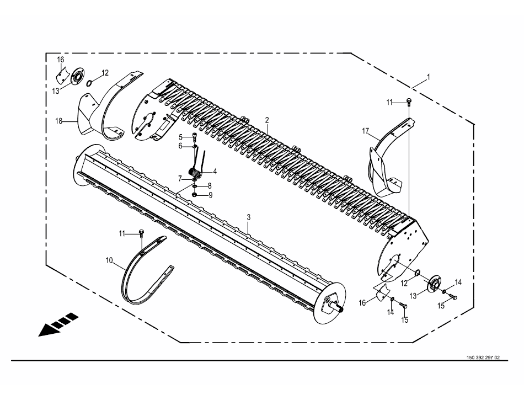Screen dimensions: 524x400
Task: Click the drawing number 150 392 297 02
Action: point(483,358)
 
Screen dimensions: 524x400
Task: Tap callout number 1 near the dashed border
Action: point(429,77)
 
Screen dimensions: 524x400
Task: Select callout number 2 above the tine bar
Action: point(267,120)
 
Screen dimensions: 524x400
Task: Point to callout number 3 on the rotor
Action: point(248,217)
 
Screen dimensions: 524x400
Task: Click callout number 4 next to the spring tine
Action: point(215,172)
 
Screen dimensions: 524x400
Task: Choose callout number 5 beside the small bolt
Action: point(180,137)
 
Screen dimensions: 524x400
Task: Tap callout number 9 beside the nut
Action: point(210,195)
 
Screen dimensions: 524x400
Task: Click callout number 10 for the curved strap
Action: point(109,260)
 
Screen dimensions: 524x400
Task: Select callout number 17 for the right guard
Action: point(365,131)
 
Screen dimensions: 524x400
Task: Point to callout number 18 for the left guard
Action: point(59,121)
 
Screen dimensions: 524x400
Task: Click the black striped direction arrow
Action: point(58,324)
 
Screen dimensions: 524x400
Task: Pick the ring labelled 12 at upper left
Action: point(89,83)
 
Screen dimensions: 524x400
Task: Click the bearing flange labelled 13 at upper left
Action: point(77,77)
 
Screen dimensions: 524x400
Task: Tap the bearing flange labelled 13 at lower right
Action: point(435,284)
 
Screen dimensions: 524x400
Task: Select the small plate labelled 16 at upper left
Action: point(62,76)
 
